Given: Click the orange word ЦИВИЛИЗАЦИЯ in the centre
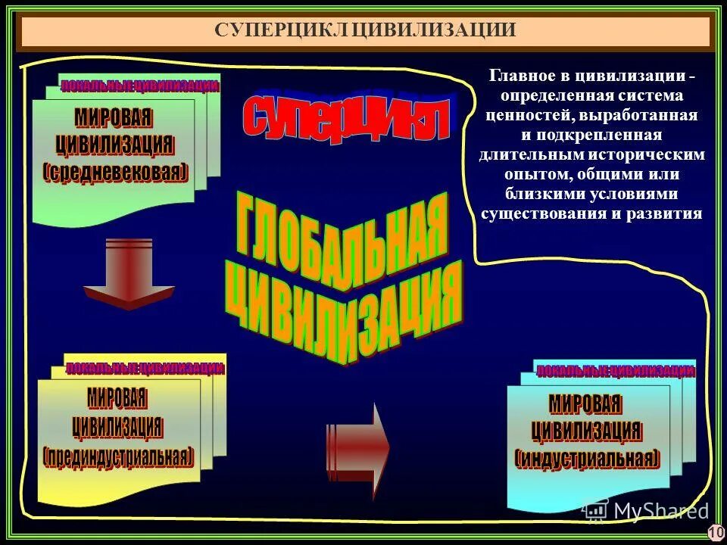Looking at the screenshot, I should (345, 310).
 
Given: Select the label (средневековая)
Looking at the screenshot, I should (115, 172).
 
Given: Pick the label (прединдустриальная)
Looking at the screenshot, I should (118, 456).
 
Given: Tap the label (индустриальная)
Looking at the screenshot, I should (587, 458).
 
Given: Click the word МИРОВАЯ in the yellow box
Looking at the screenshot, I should (117, 397).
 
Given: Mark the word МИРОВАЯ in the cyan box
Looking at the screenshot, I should (585, 403).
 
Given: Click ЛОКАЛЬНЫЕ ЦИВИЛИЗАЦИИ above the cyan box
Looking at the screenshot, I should (615, 371).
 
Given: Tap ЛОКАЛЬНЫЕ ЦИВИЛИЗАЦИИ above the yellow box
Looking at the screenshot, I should (145, 369).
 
